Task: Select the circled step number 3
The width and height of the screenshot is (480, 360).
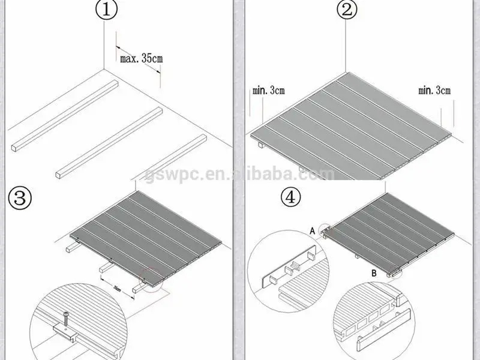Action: pyautogui.click(x=20, y=197)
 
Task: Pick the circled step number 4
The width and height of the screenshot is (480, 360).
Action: pyautogui.click(x=291, y=199)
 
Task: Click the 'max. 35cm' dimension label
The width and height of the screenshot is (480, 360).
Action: pyautogui.click(x=141, y=59)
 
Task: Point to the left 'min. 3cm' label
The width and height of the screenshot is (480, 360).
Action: pyautogui.click(x=268, y=91)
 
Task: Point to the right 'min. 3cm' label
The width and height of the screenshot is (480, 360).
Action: pyautogui.click(x=434, y=91)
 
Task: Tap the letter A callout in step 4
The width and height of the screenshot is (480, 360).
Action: pyautogui.click(x=313, y=230)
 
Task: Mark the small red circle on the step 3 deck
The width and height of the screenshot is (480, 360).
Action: pyautogui.click(x=151, y=278)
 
